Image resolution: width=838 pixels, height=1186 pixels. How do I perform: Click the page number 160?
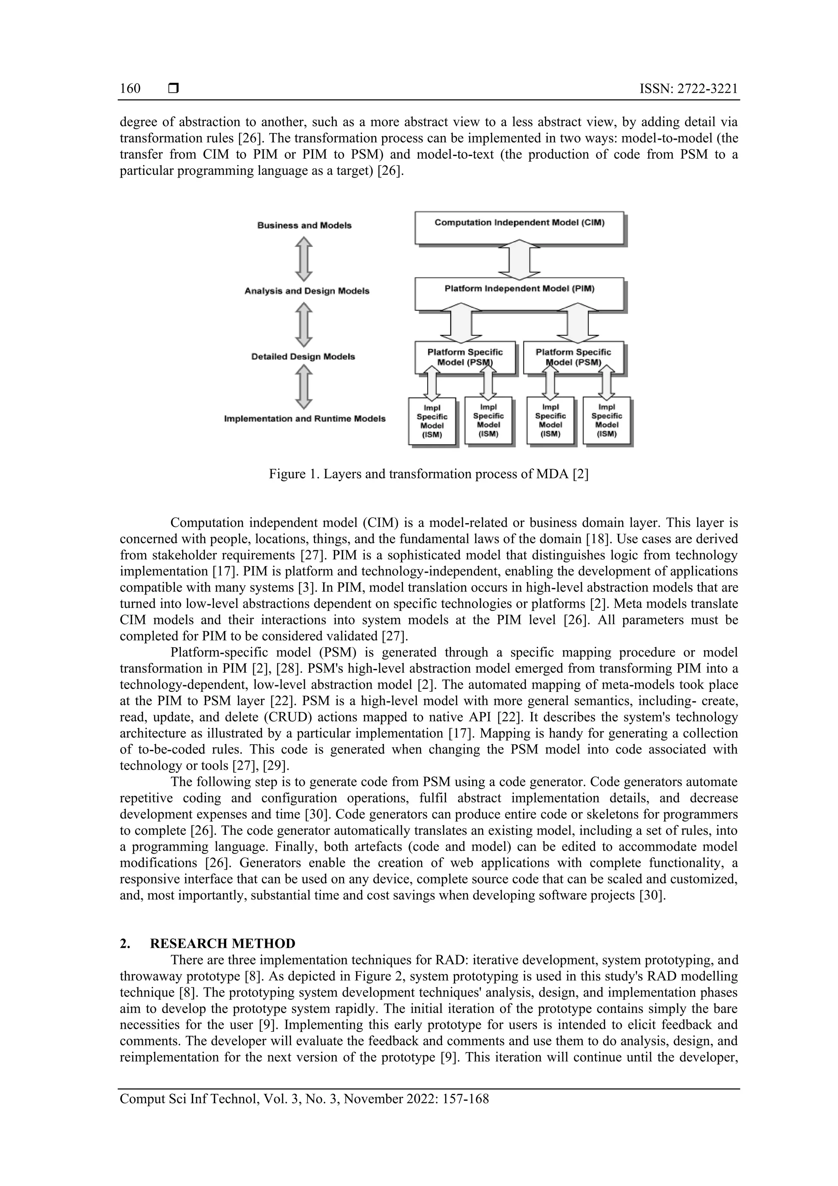point(130,88)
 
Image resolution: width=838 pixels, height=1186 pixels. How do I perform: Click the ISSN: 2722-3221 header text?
point(688,88)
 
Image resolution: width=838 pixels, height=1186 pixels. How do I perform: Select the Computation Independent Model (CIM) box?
point(519,227)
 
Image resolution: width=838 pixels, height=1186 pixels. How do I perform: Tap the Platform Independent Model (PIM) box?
point(519,294)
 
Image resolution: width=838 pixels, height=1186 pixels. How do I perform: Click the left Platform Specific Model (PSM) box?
point(465,357)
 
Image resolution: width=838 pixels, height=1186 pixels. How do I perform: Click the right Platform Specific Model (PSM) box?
point(573,357)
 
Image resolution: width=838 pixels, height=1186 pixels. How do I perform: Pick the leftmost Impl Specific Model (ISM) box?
point(432,420)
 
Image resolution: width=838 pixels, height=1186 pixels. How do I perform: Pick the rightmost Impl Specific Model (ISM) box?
point(607,420)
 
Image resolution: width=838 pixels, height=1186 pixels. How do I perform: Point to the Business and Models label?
point(304,225)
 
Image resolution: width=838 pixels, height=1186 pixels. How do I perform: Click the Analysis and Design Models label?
point(307,291)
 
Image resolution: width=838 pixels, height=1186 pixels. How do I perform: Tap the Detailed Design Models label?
point(303,357)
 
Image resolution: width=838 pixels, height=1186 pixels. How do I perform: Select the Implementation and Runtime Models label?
point(304,418)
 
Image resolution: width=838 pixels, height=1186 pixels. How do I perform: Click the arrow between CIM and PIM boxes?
point(519,260)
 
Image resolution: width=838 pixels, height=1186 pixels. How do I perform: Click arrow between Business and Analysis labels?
point(304,258)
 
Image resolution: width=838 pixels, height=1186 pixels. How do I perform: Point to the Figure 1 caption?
point(428,474)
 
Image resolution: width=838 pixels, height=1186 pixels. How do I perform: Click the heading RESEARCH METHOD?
point(223,943)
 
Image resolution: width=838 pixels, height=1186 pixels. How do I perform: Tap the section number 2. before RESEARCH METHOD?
point(125,943)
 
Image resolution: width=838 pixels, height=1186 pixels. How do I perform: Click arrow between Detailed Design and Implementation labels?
point(304,387)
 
